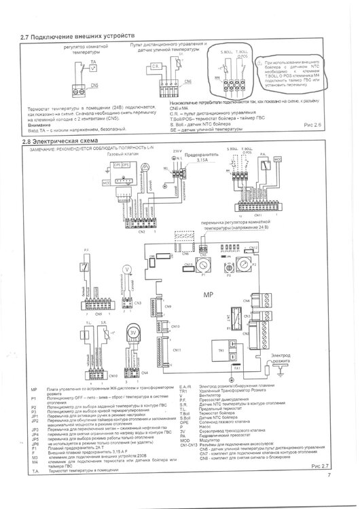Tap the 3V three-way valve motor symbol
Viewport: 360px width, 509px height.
coord(134,332)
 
